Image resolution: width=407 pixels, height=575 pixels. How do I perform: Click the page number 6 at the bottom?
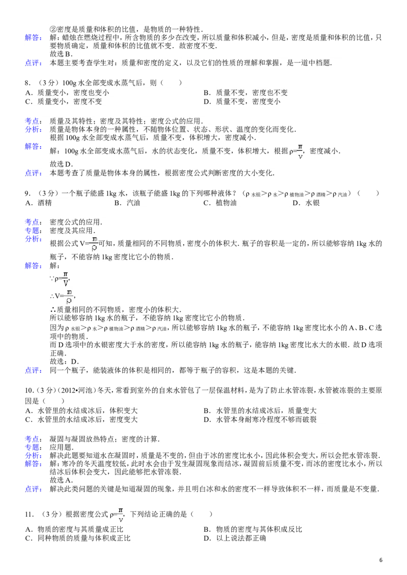click(x=381, y=560)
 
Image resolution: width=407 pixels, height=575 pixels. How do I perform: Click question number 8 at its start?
click(x=27, y=83)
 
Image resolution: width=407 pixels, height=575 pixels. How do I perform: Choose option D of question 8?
click(x=242, y=101)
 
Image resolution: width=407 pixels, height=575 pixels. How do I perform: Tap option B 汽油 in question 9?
click(x=127, y=203)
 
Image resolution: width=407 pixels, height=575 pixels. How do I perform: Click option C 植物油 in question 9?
click(x=220, y=203)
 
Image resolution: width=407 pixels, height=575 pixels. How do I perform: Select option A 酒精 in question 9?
click(x=38, y=203)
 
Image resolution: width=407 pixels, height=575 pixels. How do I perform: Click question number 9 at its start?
click(x=27, y=193)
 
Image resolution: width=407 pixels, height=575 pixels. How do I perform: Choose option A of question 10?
click(x=81, y=410)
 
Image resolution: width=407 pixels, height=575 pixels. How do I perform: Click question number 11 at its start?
click(x=29, y=514)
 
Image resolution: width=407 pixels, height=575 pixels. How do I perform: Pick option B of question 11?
click(x=253, y=529)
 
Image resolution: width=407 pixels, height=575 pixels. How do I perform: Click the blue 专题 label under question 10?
click(x=33, y=447)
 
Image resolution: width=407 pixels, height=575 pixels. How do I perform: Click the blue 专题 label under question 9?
click(x=33, y=230)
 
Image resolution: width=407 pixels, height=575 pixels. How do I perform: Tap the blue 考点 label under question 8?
click(x=33, y=121)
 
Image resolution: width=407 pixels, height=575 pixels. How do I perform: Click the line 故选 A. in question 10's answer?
click(x=62, y=480)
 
